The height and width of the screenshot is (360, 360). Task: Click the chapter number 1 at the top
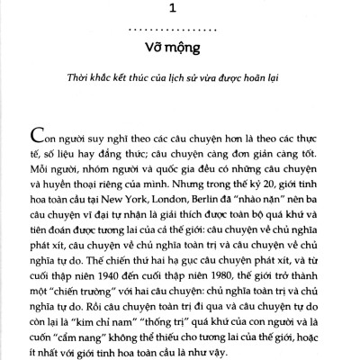pyautogui.click(x=180, y=10)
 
